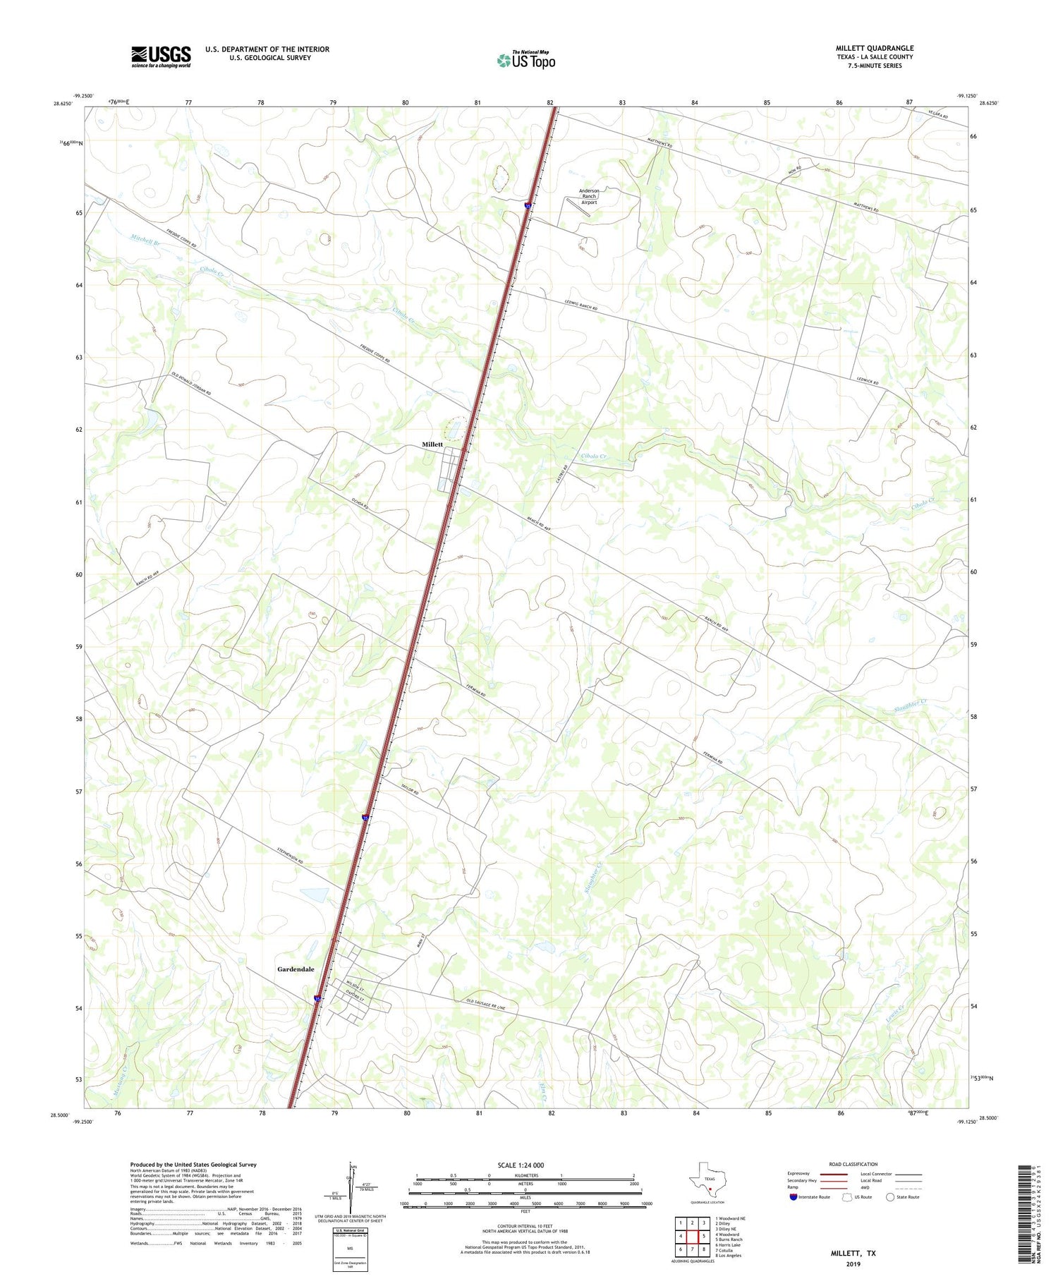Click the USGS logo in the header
click(161, 56)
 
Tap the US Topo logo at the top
click(525, 61)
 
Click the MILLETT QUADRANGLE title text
click(874, 48)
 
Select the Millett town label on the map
click(432, 444)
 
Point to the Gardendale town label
click(296, 969)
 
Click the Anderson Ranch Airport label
click(589, 196)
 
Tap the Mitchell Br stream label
click(146, 238)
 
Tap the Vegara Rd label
click(938, 114)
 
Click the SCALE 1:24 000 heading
click(525, 1165)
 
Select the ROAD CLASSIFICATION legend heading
click(853, 1164)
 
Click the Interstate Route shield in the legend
click(793, 1197)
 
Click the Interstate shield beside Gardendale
click(318, 998)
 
